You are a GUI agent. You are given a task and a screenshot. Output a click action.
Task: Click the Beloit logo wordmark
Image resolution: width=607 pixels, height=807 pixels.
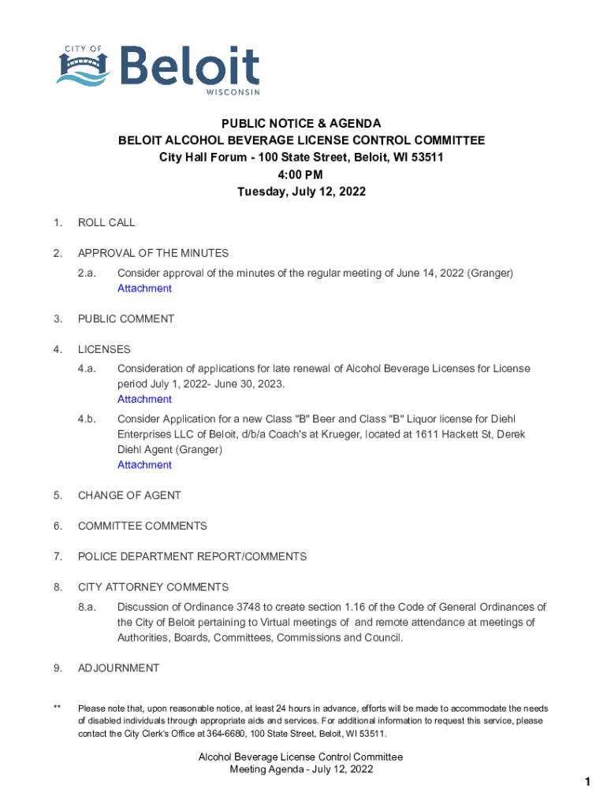point(190,67)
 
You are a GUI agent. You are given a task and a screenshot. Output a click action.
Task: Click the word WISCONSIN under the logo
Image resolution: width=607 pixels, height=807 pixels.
point(233,93)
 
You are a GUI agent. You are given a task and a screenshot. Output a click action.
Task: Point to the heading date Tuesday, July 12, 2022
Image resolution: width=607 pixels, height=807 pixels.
point(301,192)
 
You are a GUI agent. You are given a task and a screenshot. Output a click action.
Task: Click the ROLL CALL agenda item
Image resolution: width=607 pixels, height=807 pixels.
point(106,222)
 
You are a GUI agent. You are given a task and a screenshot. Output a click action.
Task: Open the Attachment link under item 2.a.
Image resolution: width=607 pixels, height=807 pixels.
point(144,288)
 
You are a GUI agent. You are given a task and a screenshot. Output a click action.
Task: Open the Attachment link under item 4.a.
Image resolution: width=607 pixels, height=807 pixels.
point(144,400)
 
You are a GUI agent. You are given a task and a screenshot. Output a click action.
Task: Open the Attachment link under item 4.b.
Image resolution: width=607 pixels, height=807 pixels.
point(144,465)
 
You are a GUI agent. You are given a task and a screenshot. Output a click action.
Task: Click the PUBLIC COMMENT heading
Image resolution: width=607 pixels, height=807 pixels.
point(126,319)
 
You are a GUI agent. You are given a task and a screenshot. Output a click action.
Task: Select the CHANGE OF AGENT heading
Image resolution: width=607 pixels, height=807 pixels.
point(129,496)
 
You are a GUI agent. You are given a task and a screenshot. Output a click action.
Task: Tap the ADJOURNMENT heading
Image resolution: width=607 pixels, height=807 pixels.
point(118,668)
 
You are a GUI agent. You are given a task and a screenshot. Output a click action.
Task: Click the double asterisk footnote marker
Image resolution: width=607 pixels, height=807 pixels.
point(58,708)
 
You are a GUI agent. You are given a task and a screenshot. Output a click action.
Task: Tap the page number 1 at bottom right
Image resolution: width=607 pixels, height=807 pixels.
point(587,782)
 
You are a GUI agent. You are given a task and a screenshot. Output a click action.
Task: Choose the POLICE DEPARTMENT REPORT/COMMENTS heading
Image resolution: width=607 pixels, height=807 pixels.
point(192,557)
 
